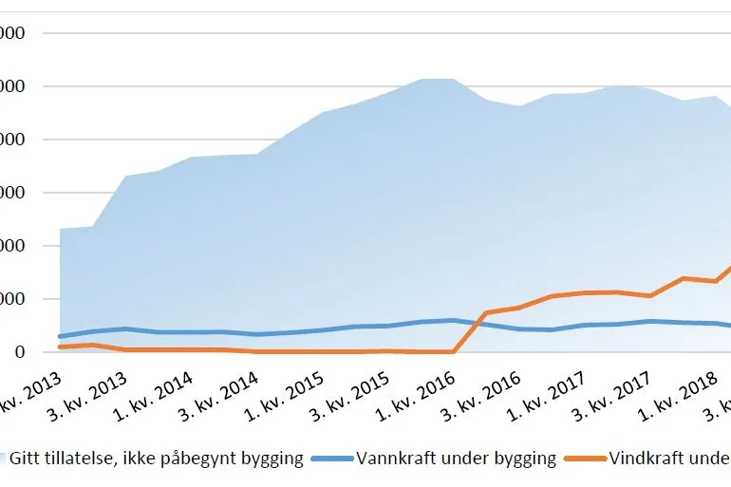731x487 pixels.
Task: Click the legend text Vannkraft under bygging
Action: pos(456,459)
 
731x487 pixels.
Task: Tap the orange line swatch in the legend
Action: pos(584,459)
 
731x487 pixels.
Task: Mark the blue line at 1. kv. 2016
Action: pos(454,320)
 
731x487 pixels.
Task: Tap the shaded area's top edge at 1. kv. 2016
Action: pos(454,79)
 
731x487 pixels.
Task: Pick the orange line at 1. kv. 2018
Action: pos(684,278)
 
